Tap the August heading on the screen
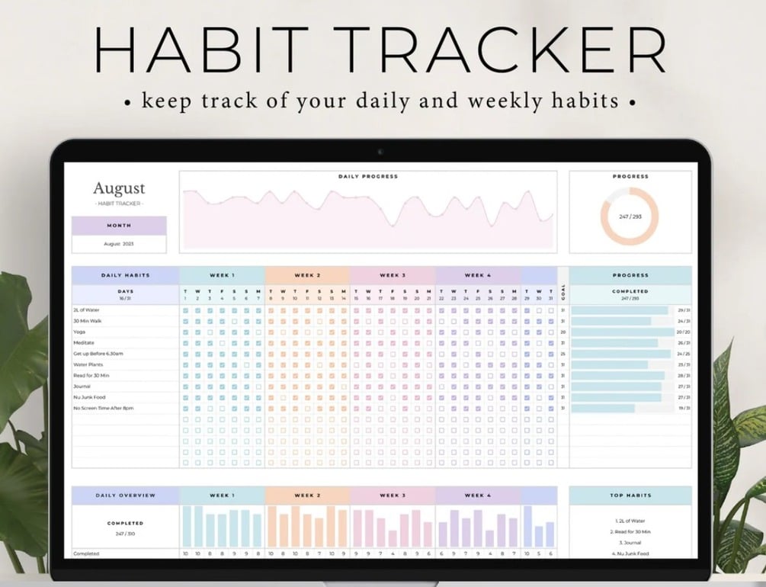point(119,188)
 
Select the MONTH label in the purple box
point(119,226)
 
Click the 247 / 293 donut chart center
point(630,217)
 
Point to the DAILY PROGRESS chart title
point(368,177)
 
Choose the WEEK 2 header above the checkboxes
point(307,275)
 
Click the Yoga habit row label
point(79,332)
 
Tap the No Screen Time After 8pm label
point(104,409)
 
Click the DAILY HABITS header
point(126,275)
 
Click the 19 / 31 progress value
point(684,409)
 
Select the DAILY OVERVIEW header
point(126,496)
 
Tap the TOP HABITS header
point(630,496)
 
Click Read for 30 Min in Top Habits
point(630,531)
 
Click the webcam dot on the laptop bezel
point(380,151)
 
